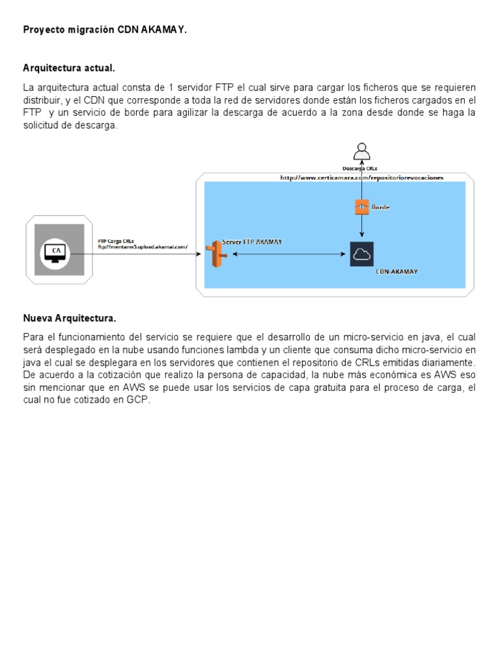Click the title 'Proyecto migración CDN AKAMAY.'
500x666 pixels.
pyautogui.click(x=105, y=30)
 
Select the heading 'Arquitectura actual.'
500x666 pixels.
pyautogui.click(x=69, y=68)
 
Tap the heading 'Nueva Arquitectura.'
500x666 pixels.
pyautogui.click(x=70, y=318)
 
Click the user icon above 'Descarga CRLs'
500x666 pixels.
pyautogui.click(x=361, y=152)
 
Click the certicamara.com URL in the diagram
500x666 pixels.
pyautogui.click(x=361, y=177)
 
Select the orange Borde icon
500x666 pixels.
pyautogui.click(x=361, y=207)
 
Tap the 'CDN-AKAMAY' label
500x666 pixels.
pyautogui.click(x=396, y=271)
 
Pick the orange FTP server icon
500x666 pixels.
pyautogui.click(x=215, y=254)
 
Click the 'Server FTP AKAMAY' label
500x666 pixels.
pyautogui.click(x=253, y=241)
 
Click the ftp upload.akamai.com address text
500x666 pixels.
pyautogui.click(x=143, y=247)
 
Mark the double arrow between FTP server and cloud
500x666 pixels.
pyautogui.click(x=286, y=254)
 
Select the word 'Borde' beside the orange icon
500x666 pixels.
pyautogui.click(x=381, y=207)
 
